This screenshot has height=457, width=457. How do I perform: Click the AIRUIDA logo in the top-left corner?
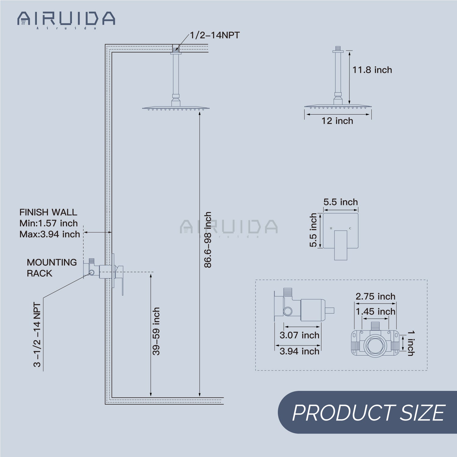(x=66, y=19)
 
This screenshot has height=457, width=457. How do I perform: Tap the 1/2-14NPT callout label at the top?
(x=215, y=35)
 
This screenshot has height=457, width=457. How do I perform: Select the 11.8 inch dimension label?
(x=372, y=70)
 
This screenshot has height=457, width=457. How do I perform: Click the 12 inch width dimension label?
(x=337, y=121)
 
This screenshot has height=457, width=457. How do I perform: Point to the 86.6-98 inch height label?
(x=207, y=240)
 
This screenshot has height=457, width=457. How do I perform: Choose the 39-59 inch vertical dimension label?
(x=156, y=331)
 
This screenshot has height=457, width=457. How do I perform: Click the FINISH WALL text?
(x=48, y=212)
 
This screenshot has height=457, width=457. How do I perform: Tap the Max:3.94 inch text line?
(x=50, y=234)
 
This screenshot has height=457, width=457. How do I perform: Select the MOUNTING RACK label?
(x=51, y=268)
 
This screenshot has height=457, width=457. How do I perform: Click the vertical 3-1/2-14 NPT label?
(x=37, y=335)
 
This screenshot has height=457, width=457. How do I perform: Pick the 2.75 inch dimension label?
(x=375, y=296)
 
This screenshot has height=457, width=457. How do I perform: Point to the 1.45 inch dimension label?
(x=375, y=311)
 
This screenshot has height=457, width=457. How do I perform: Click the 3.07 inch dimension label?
(x=299, y=335)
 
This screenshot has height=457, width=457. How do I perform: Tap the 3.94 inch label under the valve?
(x=299, y=351)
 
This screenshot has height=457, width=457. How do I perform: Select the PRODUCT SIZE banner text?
(x=368, y=413)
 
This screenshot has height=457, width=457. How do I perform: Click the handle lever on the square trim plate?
(x=341, y=245)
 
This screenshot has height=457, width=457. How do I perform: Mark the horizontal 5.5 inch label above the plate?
(x=341, y=202)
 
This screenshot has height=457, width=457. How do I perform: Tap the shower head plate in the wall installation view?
(x=176, y=108)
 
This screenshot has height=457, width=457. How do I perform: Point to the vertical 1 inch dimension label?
(x=411, y=343)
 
